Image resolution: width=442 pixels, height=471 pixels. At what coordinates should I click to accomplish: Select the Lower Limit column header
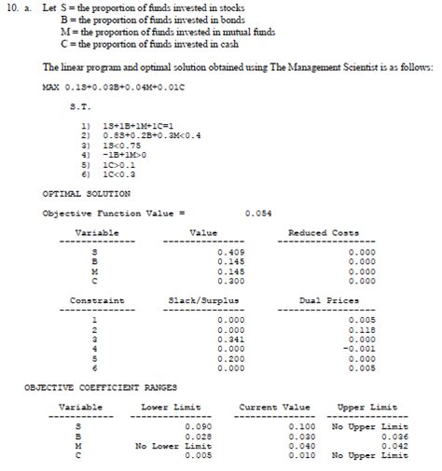pyautogui.click(x=172, y=407)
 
